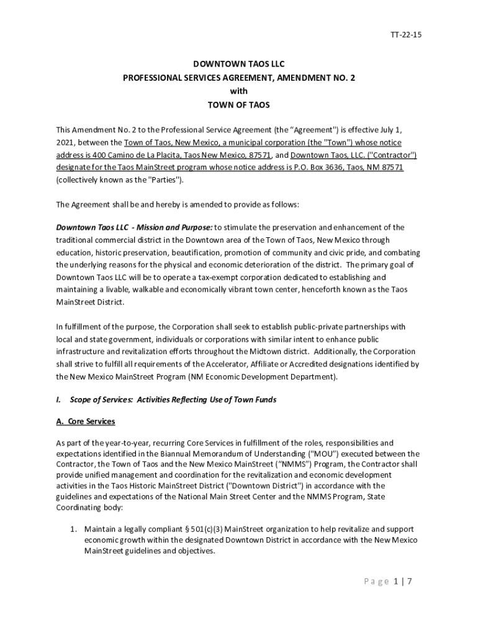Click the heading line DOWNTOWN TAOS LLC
(x=238, y=64)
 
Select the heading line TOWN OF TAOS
(x=238, y=105)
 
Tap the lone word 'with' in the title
(x=238, y=91)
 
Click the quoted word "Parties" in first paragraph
(x=165, y=180)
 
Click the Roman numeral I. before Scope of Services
(x=58, y=400)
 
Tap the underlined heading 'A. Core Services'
(x=86, y=422)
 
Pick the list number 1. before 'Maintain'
(x=73, y=529)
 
